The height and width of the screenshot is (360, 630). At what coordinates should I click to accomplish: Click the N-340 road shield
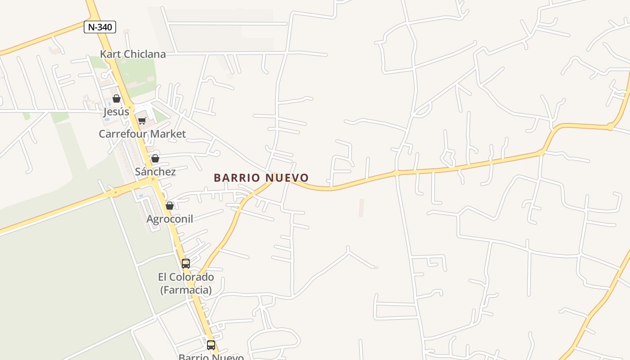click(100, 27)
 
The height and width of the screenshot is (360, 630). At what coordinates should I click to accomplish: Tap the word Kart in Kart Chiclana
click(109, 54)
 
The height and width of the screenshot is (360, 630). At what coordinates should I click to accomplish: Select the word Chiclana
click(143, 54)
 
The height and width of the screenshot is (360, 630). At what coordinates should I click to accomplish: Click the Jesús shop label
click(117, 112)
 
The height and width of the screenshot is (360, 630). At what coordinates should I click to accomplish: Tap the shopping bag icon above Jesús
click(117, 99)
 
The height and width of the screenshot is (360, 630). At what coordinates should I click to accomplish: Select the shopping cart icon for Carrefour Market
click(142, 121)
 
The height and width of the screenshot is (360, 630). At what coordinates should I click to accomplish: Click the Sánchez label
click(155, 171)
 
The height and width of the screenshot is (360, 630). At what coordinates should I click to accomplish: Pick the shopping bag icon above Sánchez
click(155, 158)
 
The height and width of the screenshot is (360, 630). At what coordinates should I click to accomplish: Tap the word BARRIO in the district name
click(237, 178)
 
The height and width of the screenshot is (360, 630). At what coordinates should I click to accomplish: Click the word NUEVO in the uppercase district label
click(287, 178)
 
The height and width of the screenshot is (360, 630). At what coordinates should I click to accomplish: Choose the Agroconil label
click(170, 219)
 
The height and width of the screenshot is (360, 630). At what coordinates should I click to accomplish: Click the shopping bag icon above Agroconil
click(170, 206)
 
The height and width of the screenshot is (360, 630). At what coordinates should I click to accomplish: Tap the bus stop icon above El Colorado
click(186, 264)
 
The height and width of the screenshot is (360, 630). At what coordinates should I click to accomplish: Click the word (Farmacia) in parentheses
click(186, 290)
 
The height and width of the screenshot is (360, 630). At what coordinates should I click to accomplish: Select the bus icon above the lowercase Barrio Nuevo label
click(211, 345)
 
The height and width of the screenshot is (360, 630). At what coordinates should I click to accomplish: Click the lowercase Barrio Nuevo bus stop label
click(211, 357)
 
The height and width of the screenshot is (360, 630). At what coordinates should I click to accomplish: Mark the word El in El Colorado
click(163, 277)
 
